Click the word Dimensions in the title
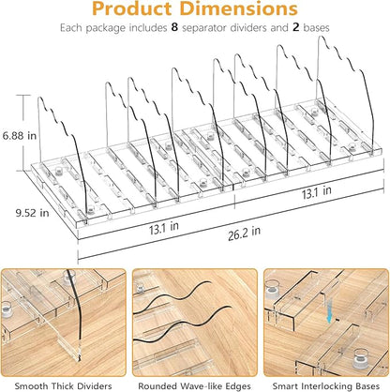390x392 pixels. click(239, 8)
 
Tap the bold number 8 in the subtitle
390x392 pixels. click(174, 28)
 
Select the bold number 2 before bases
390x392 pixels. click(296, 28)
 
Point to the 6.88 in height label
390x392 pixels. click(20, 136)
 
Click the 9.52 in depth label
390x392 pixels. click(32, 213)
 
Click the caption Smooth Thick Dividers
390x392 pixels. click(64, 386)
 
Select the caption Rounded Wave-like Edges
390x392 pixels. click(194, 386)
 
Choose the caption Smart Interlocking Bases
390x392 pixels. click(326, 386)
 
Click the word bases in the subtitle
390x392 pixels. click(317, 28)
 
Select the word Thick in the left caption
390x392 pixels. click(65, 386)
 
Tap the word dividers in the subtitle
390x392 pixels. click(248, 28)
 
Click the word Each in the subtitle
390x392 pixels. click(71, 28)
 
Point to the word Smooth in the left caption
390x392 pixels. click(32, 386)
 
